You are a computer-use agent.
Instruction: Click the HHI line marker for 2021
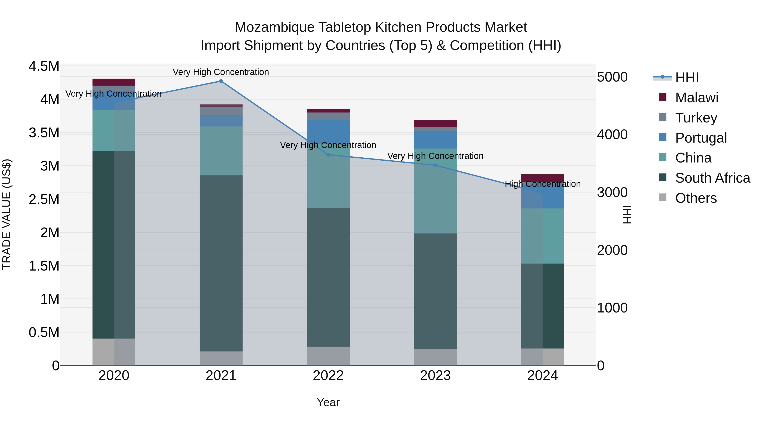(221, 81)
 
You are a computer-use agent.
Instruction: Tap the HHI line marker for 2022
(328, 155)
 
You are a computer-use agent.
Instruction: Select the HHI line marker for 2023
(435, 165)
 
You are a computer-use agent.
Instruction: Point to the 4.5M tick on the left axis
(44, 66)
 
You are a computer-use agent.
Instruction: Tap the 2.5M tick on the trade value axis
(44, 199)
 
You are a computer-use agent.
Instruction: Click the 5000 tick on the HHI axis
(612, 77)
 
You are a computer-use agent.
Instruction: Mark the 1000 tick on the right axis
(612, 308)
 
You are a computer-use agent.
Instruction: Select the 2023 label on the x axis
(435, 376)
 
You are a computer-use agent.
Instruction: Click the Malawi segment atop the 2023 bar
(435, 124)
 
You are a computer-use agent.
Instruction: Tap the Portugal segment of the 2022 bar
(328, 130)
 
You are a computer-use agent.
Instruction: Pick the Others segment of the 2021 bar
(221, 358)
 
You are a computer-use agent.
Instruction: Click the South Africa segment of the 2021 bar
(221, 264)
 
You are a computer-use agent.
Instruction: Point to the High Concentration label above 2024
(543, 184)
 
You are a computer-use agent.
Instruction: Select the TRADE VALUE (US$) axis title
(7, 214)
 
